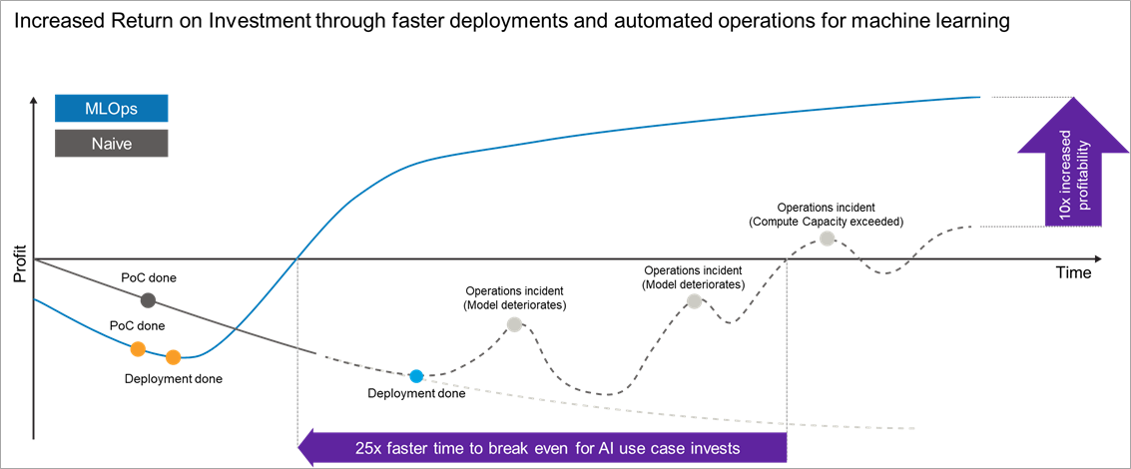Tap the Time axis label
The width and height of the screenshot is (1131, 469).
point(1074,272)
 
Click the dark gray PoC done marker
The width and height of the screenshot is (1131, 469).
point(148,299)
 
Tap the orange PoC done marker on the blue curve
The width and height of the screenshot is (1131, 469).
point(138,348)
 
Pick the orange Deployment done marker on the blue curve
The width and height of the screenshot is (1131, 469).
point(173,357)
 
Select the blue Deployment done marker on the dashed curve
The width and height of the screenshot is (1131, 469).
point(416,376)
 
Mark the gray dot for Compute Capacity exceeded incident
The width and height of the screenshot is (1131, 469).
point(827,237)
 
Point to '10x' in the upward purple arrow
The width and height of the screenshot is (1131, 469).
point(1066,203)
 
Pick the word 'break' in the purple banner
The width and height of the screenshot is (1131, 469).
point(514,448)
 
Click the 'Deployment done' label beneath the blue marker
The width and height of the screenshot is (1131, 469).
point(416,393)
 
